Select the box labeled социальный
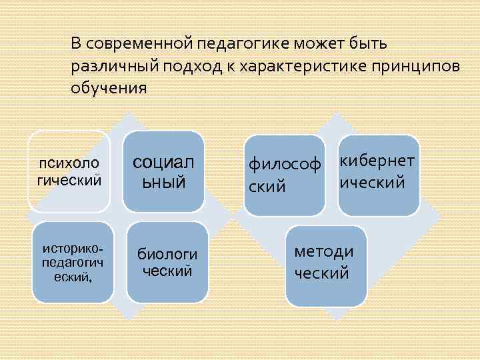pyautogui.click(x=163, y=170)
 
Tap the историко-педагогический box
pyautogui.click(x=72, y=261)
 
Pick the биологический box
pyautogui.click(x=167, y=261)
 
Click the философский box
pyautogui.click(x=284, y=175)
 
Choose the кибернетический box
pyautogui.click(x=379, y=175)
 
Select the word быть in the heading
pyautogui.click(x=377, y=44)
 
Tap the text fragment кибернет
pyautogui.click(x=378, y=161)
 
